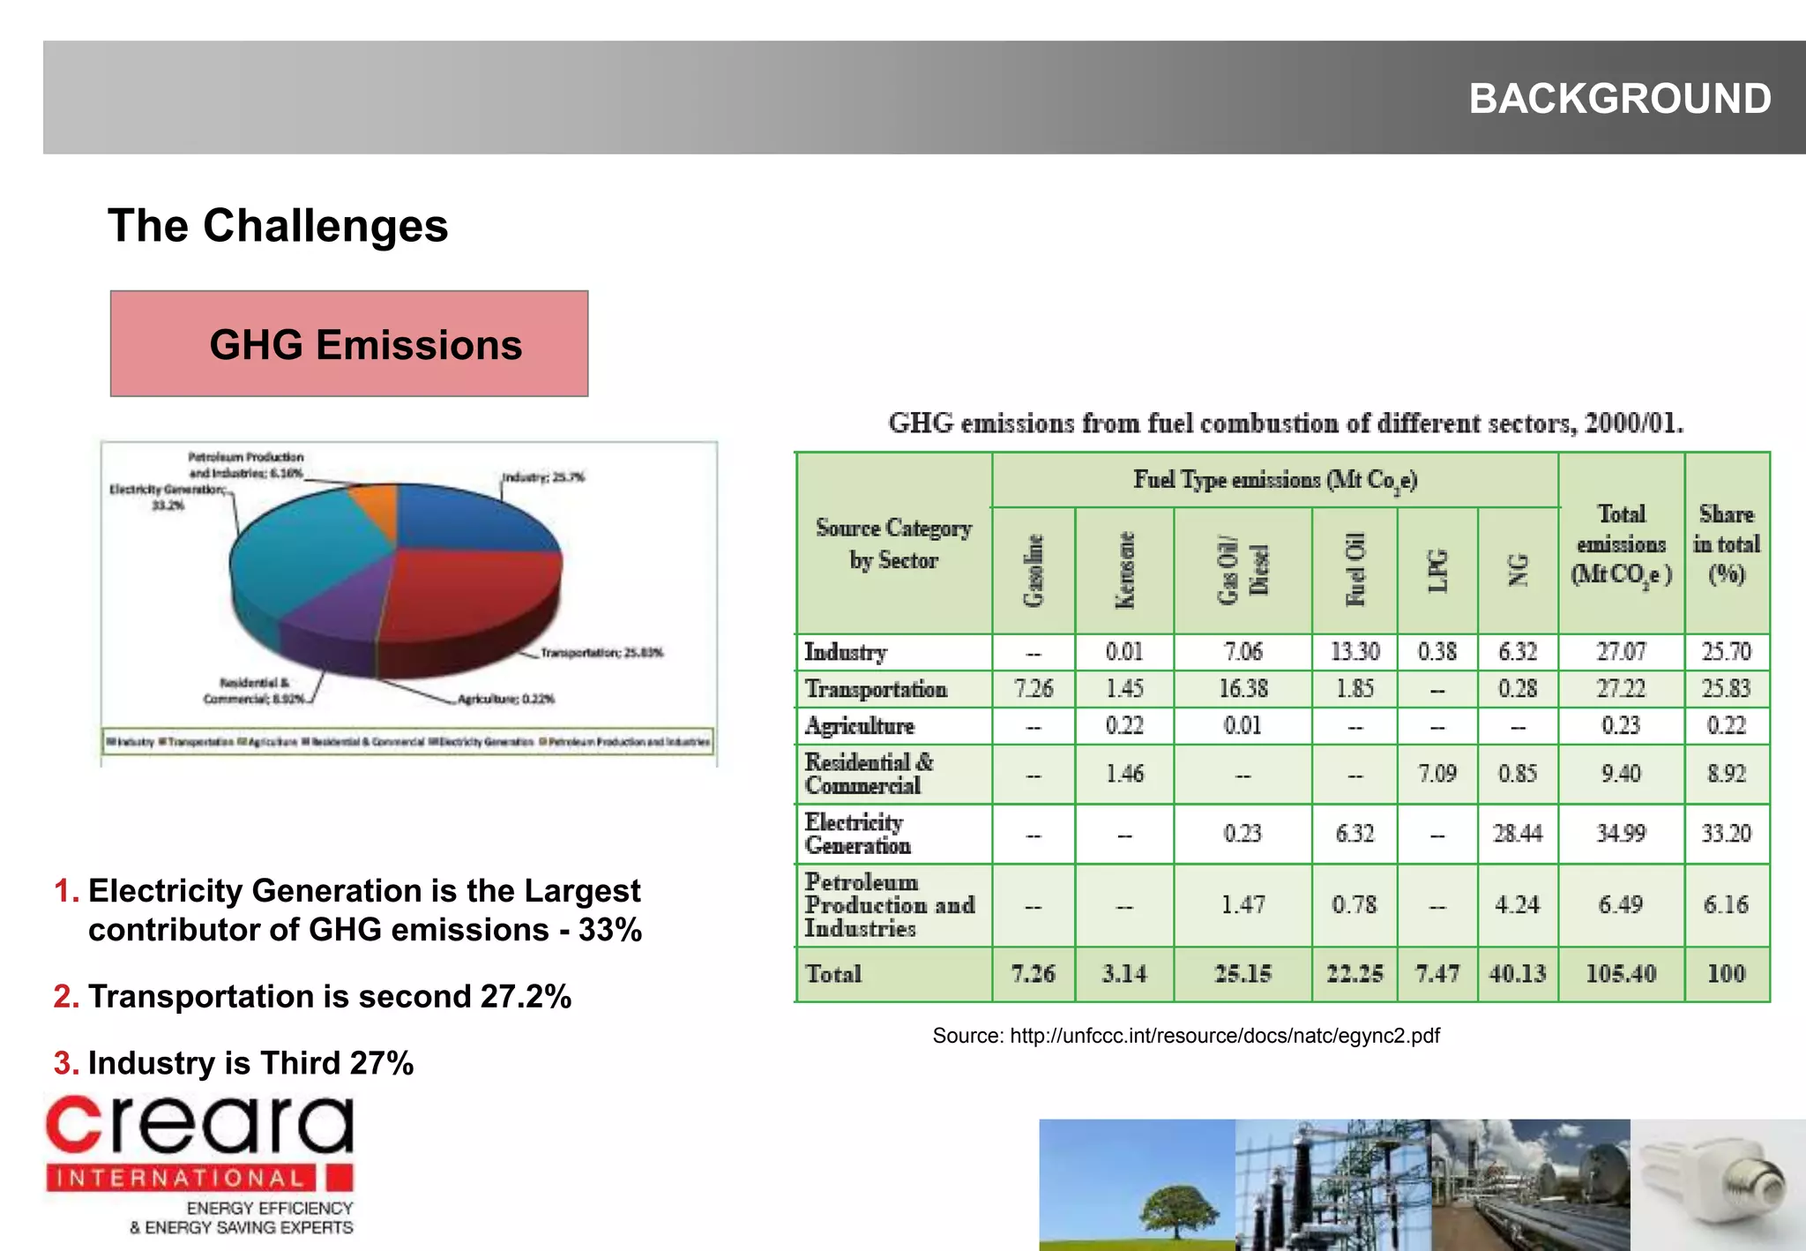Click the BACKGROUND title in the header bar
click(x=1619, y=98)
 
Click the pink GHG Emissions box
click(x=349, y=343)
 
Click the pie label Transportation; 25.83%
click(x=601, y=653)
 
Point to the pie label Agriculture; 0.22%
click(x=505, y=699)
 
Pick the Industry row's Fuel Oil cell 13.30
click(x=1354, y=652)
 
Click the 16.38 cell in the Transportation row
click(x=1243, y=688)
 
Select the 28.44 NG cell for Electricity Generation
click(x=1517, y=833)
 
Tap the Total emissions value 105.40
click(x=1621, y=974)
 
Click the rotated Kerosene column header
click(x=1124, y=570)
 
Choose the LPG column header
click(x=1437, y=570)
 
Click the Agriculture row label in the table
click(x=860, y=725)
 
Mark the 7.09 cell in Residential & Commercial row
click(x=1437, y=774)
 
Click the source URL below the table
click(x=1185, y=1035)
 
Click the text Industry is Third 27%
click(x=250, y=1063)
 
